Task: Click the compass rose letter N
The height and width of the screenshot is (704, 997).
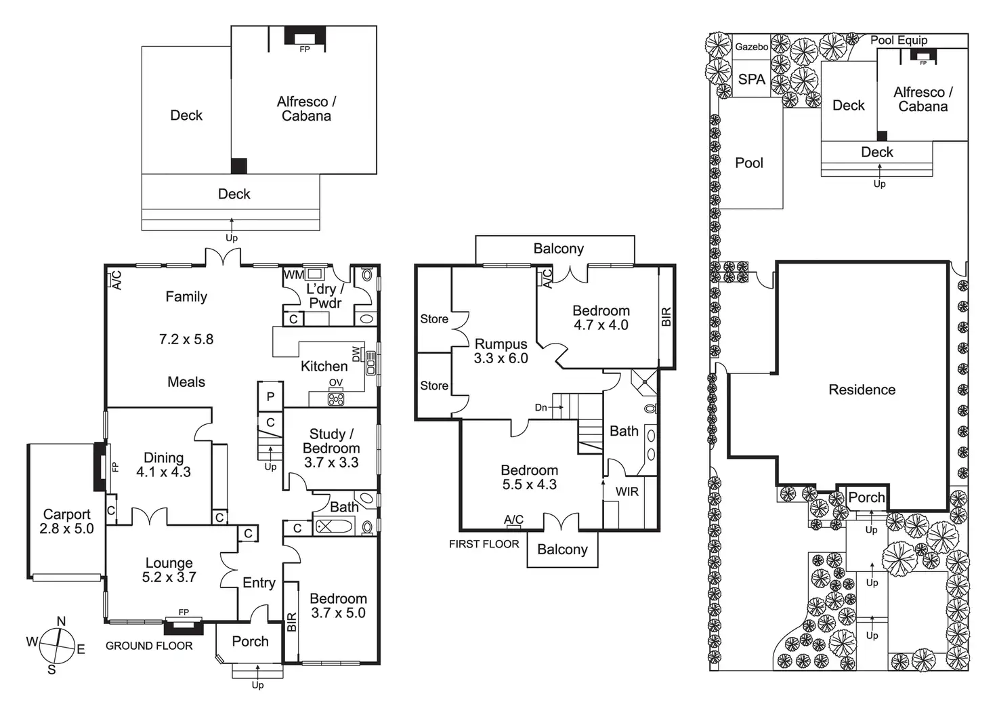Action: [x=62, y=621]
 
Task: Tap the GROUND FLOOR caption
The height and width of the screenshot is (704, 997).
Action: [x=149, y=646]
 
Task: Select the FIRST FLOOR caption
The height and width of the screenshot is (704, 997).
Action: [x=484, y=544]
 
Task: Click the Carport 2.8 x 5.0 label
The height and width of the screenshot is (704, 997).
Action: [x=67, y=522]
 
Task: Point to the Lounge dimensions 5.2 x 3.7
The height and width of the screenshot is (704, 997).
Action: [x=169, y=577]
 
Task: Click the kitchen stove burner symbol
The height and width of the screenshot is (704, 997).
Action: [x=336, y=398]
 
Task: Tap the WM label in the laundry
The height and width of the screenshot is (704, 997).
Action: [x=294, y=274]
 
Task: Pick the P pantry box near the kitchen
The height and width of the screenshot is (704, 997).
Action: [x=270, y=396]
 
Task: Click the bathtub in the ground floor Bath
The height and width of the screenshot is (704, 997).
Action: [x=334, y=527]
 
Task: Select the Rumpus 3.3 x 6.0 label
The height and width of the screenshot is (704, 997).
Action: [x=501, y=351]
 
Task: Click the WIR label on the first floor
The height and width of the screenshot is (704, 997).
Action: [x=627, y=492]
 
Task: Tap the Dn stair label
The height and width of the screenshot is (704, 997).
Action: [x=540, y=407]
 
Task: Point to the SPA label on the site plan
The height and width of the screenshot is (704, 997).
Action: [x=752, y=79]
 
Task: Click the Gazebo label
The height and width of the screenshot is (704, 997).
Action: [x=752, y=47]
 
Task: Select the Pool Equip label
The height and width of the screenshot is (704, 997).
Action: [x=899, y=40]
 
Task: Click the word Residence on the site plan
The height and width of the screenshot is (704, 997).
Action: [x=862, y=390]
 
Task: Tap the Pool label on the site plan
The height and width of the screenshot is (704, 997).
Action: [x=749, y=163]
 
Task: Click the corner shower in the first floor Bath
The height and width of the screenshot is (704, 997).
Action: [x=644, y=383]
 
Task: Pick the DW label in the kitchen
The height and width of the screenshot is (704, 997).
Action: [x=356, y=354]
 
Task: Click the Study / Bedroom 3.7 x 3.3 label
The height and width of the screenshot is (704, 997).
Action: [x=331, y=448]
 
